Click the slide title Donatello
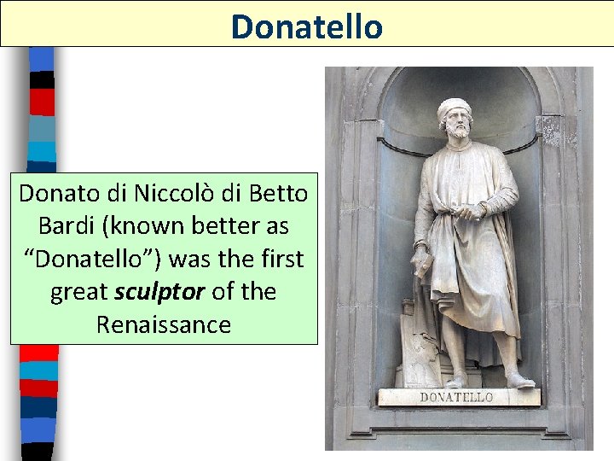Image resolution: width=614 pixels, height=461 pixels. point(306,26)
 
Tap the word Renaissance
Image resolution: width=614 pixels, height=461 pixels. point(163,325)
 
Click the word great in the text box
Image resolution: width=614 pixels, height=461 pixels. point(78,292)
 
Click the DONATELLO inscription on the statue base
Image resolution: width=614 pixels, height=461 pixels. point(456,398)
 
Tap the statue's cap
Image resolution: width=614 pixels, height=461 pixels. point(454,108)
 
